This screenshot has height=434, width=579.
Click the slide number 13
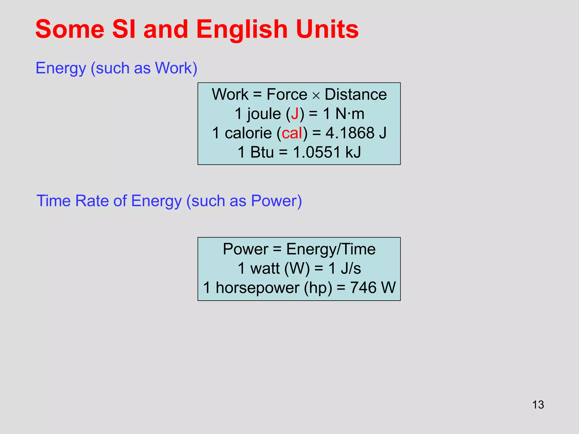[538, 405]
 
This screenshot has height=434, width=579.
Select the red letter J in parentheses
[295, 114]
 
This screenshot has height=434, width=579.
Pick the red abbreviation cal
[292, 133]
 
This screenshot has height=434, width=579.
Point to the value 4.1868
[350, 133]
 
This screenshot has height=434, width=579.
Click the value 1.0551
[317, 152]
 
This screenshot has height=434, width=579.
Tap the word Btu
[262, 152]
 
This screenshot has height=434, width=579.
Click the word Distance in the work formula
[356, 94]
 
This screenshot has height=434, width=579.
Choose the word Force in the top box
[287, 94]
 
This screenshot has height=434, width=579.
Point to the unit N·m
[350, 114]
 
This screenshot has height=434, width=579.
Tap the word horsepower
[257, 288]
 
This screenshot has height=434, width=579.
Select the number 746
[363, 288]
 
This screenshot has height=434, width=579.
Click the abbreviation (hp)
[318, 288]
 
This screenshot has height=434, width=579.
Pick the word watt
[265, 268]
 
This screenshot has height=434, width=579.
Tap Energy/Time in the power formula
[331, 249]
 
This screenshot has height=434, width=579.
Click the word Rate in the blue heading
[92, 201]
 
